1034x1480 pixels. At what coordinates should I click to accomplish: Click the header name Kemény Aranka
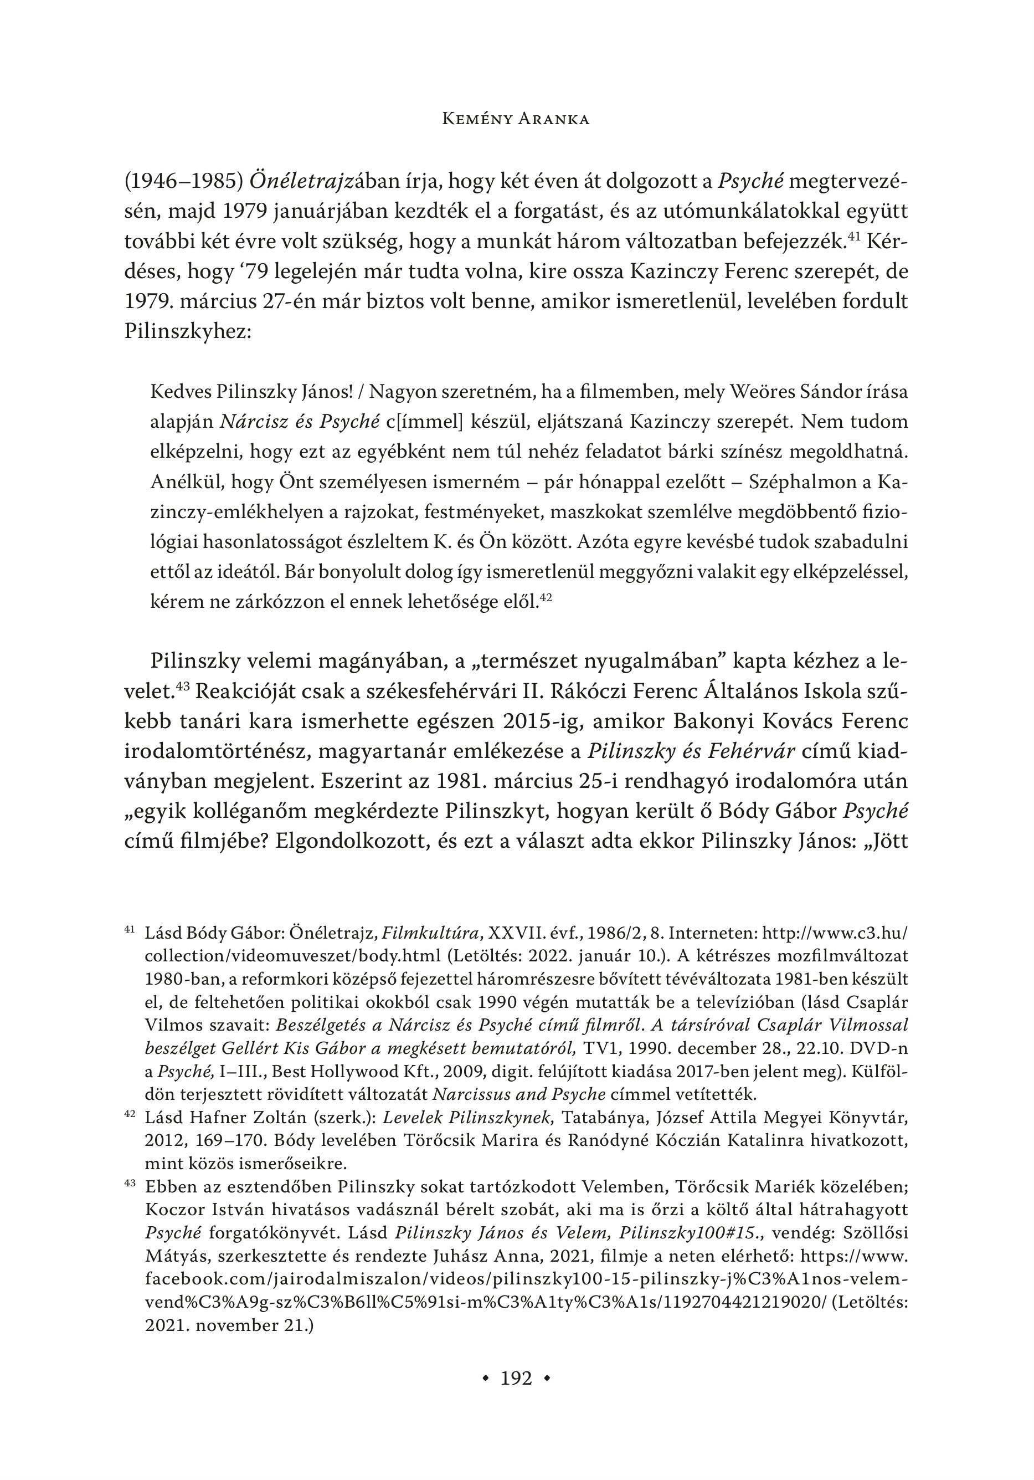(x=517, y=119)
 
